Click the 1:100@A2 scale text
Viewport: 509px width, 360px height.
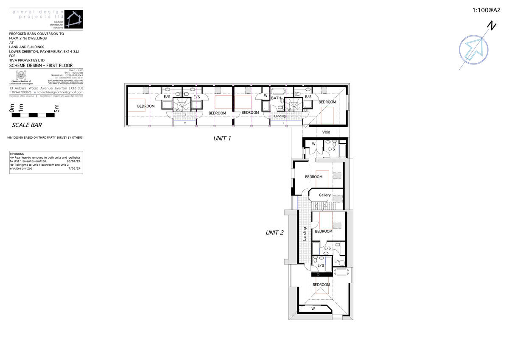coord(487,11)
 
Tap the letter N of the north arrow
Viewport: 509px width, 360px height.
coord(492,26)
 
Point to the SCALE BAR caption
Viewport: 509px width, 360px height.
coord(27,125)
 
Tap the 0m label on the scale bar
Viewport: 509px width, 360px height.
coord(12,109)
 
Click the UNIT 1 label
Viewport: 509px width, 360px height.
coord(222,138)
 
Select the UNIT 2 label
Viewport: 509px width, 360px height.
coord(274,232)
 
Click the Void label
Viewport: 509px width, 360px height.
coord(326,132)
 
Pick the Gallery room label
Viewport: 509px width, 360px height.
coord(325,195)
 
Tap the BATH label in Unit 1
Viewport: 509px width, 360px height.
coord(276,98)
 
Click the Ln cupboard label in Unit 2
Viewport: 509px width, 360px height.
coord(336,261)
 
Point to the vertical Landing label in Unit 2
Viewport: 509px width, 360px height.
coord(305,234)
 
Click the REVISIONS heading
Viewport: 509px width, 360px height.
coord(17,154)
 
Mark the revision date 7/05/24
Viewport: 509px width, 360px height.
coord(75,168)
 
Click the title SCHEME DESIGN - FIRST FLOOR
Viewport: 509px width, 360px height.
coord(41,66)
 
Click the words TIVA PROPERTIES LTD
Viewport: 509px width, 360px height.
coord(27,60)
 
